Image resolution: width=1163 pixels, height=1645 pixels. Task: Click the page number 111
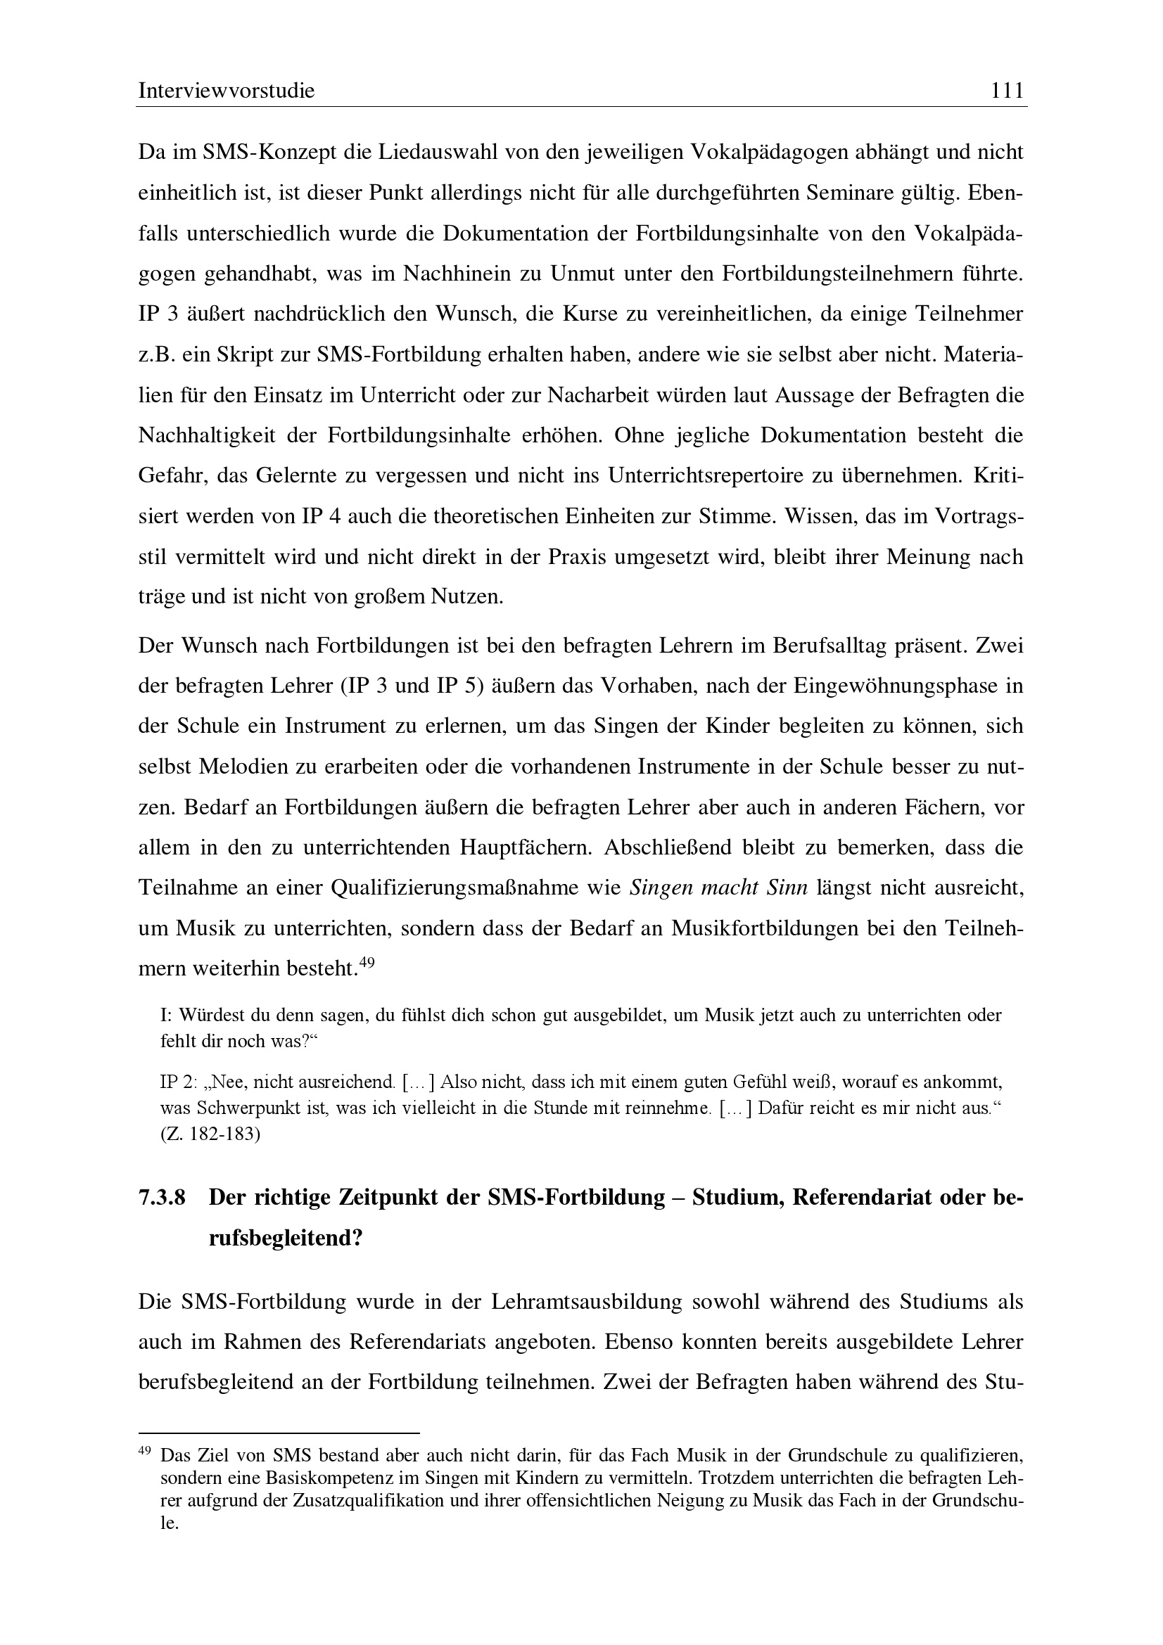(x=1007, y=91)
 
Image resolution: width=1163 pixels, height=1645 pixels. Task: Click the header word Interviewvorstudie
(x=227, y=91)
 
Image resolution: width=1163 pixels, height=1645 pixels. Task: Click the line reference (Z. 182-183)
(x=210, y=1135)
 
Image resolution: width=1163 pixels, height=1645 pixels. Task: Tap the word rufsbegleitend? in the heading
(x=286, y=1238)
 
